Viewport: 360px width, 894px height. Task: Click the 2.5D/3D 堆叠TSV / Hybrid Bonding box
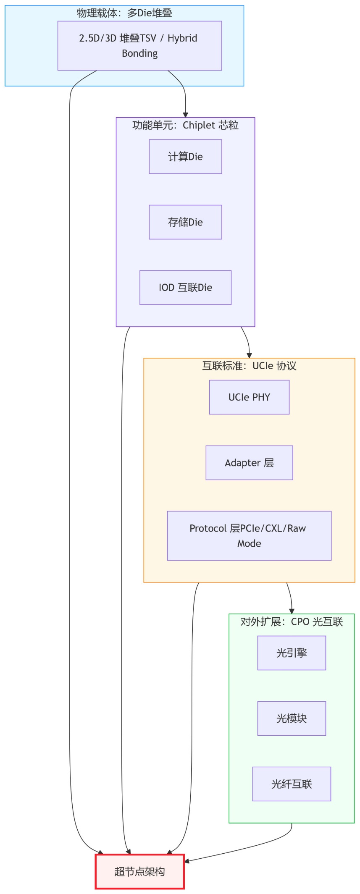click(x=139, y=45)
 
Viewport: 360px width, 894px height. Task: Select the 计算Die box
click(x=185, y=157)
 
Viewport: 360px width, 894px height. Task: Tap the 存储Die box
click(x=185, y=222)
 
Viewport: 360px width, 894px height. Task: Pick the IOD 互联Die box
click(x=185, y=288)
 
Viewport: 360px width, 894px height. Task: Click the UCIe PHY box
click(x=249, y=397)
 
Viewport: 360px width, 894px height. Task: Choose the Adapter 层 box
click(x=249, y=463)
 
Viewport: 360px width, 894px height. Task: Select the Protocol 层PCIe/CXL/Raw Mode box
click(x=249, y=536)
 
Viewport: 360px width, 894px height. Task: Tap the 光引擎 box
click(x=292, y=653)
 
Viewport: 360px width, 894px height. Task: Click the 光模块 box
click(x=292, y=718)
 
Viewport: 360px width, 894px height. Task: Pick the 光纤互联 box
click(x=292, y=784)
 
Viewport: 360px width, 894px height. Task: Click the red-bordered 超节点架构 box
click(x=139, y=872)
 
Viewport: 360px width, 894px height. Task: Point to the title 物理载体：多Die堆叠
click(x=124, y=13)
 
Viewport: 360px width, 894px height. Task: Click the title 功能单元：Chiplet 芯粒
click(x=185, y=125)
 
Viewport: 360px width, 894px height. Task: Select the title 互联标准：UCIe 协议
click(x=249, y=366)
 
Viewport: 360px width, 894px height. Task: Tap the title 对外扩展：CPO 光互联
click(x=292, y=621)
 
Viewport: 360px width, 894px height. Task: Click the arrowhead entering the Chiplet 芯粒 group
click(x=185, y=115)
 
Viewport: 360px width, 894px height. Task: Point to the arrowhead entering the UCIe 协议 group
click(x=249, y=356)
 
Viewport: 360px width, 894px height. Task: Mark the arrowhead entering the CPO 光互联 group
click(x=292, y=611)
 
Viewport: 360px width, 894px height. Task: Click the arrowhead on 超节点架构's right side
click(x=187, y=861)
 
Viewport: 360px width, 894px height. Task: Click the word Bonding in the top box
click(x=139, y=53)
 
